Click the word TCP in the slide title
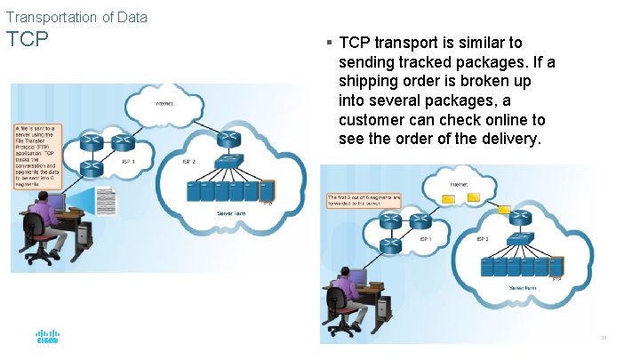[x=27, y=41]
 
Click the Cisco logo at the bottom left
[x=47, y=338]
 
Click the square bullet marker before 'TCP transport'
[x=329, y=43]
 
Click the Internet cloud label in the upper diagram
[x=164, y=104]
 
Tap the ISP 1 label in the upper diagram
[x=130, y=161]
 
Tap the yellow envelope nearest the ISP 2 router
[x=504, y=210]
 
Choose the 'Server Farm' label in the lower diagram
[x=522, y=288]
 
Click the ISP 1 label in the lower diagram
[x=424, y=238]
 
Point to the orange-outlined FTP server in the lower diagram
[x=556, y=267]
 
